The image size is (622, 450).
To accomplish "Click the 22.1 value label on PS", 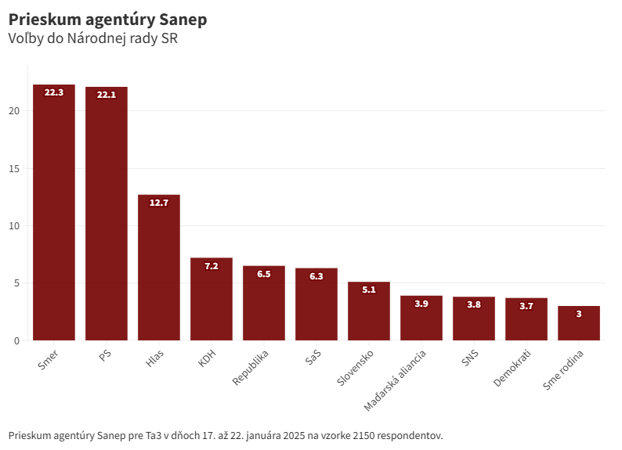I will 107,95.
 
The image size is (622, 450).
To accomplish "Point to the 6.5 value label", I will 264,274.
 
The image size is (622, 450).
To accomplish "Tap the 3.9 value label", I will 421,304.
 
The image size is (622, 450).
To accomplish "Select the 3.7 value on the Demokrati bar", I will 526,306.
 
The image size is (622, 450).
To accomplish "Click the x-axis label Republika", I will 251,368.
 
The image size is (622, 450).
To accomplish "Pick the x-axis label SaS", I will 312,359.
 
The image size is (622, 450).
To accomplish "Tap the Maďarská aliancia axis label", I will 396,381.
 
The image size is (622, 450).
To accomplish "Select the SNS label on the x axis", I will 470,360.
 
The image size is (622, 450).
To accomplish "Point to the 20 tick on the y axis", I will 14,111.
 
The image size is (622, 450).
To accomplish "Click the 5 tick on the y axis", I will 16,283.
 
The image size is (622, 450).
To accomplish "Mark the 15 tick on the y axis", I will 14,169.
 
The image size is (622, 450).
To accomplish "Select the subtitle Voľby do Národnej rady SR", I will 93,38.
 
